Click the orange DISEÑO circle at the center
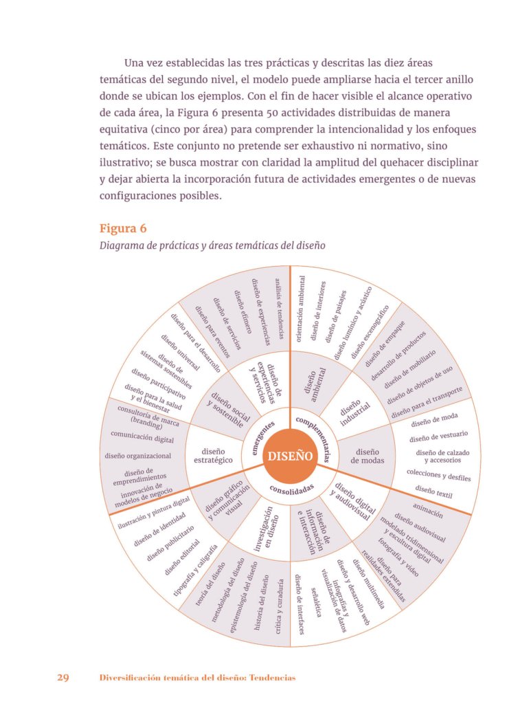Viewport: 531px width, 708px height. coord(290,456)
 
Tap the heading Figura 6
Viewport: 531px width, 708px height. coord(124,228)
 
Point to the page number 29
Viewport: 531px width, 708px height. coord(63,678)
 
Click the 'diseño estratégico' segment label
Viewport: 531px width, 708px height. coord(213,456)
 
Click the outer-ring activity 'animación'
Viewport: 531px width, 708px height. coord(427,511)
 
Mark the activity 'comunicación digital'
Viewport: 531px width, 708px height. coord(142,436)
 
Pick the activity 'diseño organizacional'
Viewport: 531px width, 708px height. coord(138,456)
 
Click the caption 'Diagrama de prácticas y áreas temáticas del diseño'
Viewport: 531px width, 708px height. coord(212,245)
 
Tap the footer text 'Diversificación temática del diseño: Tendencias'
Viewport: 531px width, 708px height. coord(197,678)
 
